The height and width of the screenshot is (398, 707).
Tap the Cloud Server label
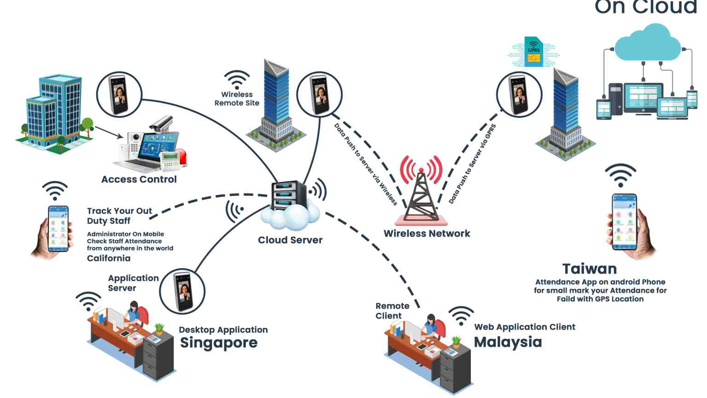click(290, 240)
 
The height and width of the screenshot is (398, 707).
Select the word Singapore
click(219, 343)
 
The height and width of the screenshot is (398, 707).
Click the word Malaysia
click(508, 342)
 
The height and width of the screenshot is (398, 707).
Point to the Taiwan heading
click(589, 269)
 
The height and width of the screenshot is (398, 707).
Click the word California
click(109, 258)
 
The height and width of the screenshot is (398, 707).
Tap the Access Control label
click(139, 180)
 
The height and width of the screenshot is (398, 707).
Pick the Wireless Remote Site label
click(237, 99)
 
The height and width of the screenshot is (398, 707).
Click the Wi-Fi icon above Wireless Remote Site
click(237, 79)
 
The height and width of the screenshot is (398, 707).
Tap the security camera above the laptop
click(161, 123)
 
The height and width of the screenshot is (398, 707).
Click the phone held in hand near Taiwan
click(625, 222)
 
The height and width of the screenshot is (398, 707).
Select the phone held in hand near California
click(58, 228)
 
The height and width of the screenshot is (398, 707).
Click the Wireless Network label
click(427, 234)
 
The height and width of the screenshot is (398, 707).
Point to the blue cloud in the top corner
click(648, 44)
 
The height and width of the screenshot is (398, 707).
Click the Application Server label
click(133, 283)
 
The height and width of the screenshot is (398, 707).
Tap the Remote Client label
click(392, 310)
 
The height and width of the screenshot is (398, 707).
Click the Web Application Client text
click(525, 327)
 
